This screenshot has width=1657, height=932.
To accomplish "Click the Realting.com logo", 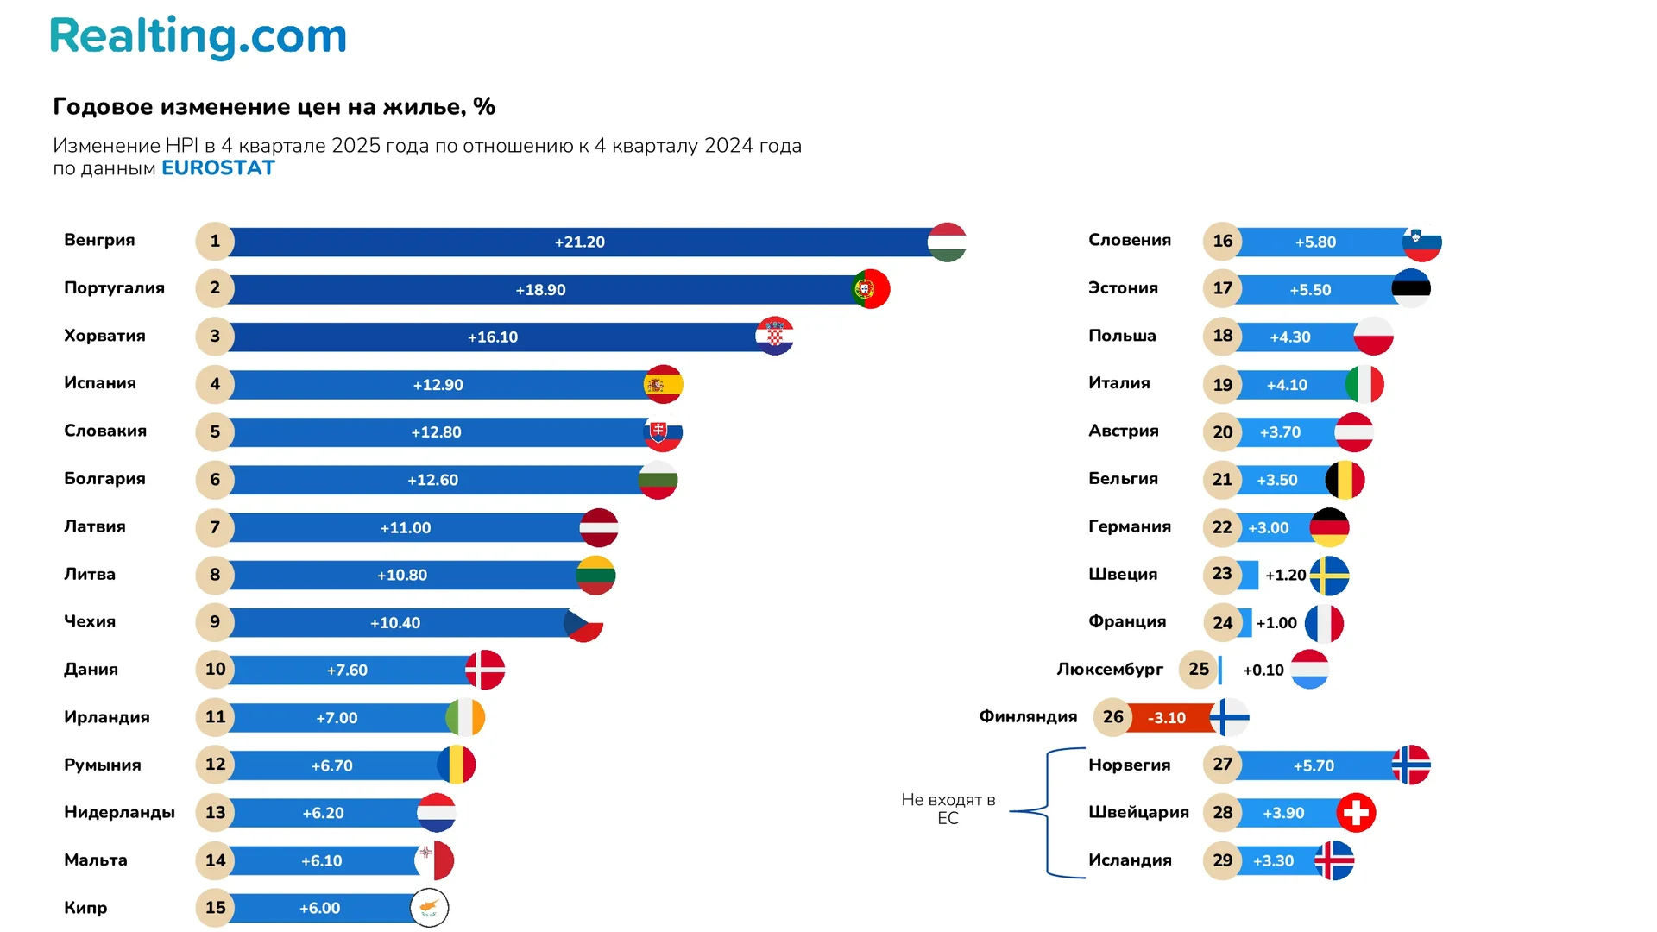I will pyautogui.click(x=198, y=37).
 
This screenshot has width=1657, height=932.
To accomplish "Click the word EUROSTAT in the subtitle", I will pyautogui.click(x=217, y=168).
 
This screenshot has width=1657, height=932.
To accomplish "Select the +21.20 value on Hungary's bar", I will pyautogui.click(x=579, y=242).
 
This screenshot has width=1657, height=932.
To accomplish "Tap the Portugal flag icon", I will pyautogui.click(x=870, y=289).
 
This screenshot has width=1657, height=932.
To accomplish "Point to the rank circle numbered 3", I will pyautogui.click(x=215, y=337).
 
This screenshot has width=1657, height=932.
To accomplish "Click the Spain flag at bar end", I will pyautogui.click(x=663, y=385).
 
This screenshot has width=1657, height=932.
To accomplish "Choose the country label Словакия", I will pyautogui.click(x=105, y=431).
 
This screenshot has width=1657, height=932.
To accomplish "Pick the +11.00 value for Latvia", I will pyautogui.click(x=405, y=528).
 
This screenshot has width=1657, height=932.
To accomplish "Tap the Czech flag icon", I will pyautogui.click(x=584, y=623).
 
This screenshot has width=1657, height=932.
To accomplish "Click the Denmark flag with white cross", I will pyautogui.click(x=485, y=670).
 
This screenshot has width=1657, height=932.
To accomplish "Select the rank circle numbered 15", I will pyautogui.click(x=215, y=908).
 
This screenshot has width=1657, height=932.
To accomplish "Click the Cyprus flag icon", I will pyautogui.click(x=429, y=908).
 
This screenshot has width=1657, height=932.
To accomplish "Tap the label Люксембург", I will pyautogui.click(x=1110, y=670).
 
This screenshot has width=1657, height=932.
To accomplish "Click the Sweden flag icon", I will pyautogui.click(x=1329, y=576).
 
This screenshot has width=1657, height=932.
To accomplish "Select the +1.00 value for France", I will pyautogui.click(x=1276, y=623).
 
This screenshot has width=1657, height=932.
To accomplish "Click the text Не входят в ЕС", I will pyautogui.click(x=948, y=809).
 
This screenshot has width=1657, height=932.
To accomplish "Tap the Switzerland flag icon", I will pyautogui.click(x=1356, y=813).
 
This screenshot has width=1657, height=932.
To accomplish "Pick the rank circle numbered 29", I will pyautogui.click(x=1222, y=860).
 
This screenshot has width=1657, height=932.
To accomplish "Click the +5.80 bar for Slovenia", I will pyautogui.click(x=1316, y=242).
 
